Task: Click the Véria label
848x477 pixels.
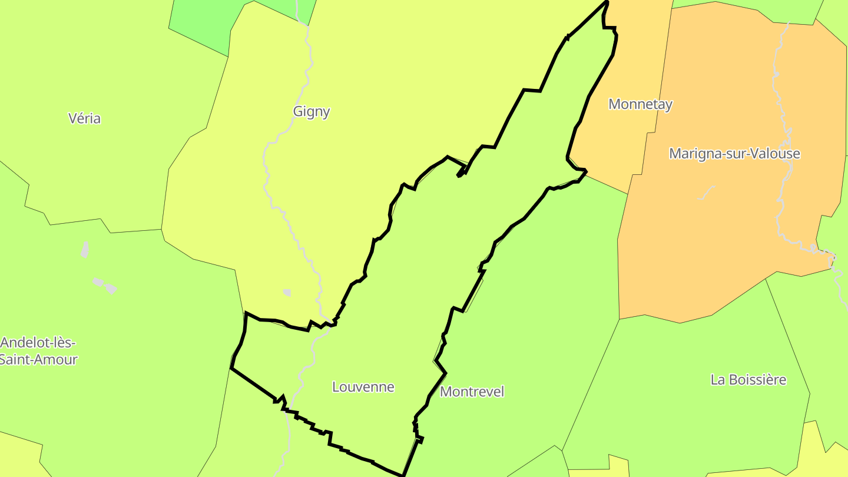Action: pos(84,118)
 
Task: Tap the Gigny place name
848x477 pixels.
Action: pos(311,111)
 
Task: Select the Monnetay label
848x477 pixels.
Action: pos(640,104)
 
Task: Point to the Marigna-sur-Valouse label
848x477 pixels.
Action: pos(734,154)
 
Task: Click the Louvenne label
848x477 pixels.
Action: pos(363,387)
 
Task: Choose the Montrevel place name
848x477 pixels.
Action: pos(472,392)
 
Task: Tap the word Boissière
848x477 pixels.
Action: pos(756,380)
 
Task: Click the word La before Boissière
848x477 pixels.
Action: pos(717,380)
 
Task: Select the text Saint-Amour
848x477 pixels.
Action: pos(38,359)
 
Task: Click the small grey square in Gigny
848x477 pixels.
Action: pos(287,292)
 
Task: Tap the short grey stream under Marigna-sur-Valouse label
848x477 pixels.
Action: pos(706,193)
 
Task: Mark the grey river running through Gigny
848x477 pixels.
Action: pos(270,177)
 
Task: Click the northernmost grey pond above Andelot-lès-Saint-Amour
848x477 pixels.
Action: pos(85,249)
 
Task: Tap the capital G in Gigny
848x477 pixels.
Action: pos(297,111)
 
